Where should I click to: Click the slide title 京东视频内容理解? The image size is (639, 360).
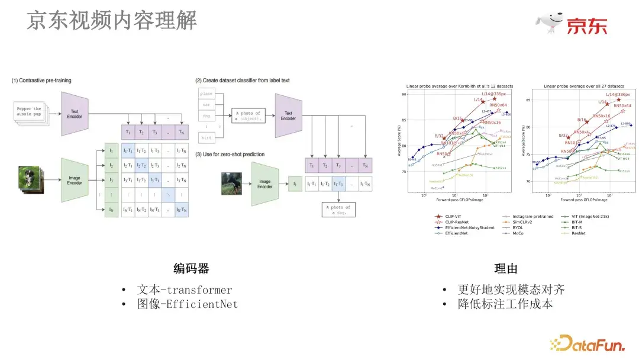[111, 21]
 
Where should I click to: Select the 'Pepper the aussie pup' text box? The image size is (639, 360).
[29, 112]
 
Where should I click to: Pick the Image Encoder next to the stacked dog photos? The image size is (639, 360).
[75, 179]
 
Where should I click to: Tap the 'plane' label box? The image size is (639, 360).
[206, 94]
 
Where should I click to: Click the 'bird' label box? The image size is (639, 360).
[206, 137]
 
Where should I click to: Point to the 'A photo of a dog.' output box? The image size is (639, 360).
[341, 210]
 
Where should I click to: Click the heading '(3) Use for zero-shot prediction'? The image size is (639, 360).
[230, 155]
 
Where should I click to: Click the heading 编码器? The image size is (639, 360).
[191, 268]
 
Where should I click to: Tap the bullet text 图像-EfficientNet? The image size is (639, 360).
[187, 304]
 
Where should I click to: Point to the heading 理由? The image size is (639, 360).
[505, 268]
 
